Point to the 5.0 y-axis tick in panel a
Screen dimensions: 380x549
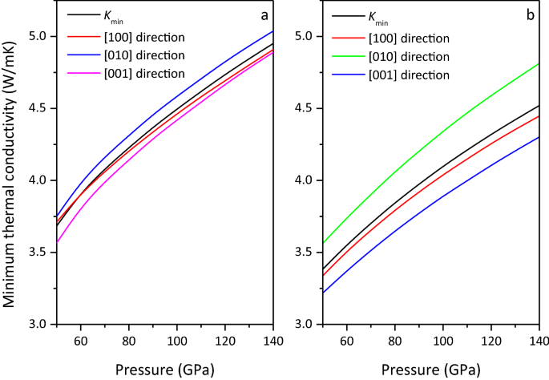point(38,36)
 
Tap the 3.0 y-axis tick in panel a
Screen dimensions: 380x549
point(38,324)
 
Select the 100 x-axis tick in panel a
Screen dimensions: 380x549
point(176,341)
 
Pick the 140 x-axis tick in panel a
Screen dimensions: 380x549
point(273,341)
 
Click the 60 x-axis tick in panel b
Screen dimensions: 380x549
point(346,341)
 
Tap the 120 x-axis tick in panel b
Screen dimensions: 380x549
point(490,341)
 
